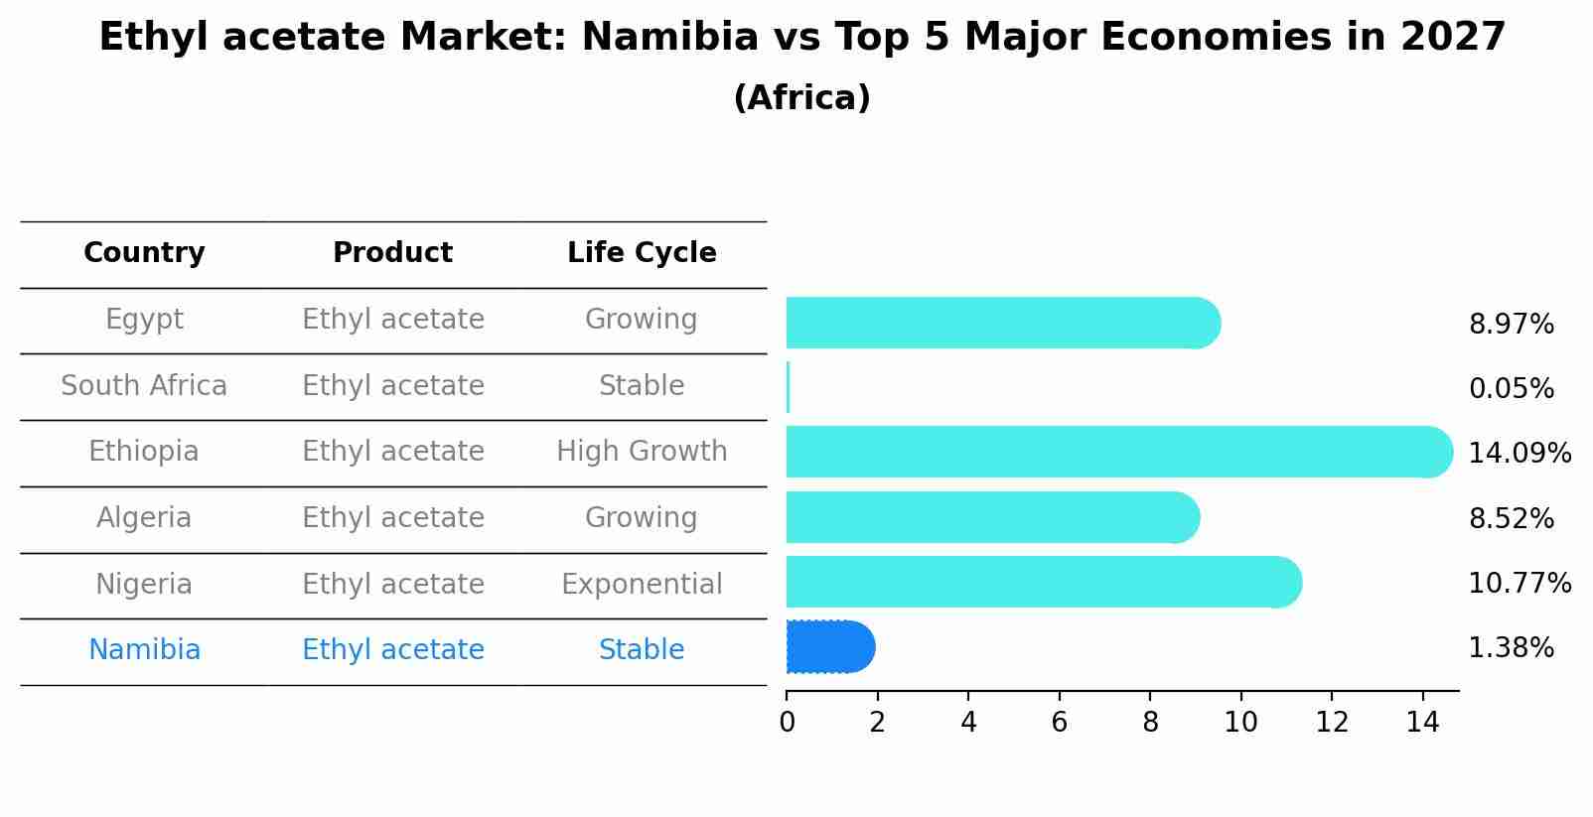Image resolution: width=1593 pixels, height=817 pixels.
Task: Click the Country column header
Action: pos(144,253)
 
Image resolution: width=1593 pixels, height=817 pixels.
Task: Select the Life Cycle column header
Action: pos(642,253)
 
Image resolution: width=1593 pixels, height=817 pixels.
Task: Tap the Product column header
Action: pos(392,253)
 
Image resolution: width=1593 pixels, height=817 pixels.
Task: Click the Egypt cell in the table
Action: pos(144,320)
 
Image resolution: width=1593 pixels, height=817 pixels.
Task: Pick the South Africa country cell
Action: pos(144,386)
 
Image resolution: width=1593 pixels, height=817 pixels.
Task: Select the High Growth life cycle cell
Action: pos(642,452)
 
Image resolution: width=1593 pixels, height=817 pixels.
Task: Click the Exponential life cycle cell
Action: pos(642,585)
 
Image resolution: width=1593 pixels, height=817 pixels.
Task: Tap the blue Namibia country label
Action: pos(144,650)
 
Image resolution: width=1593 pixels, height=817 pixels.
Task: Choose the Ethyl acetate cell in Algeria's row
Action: pos(392,518)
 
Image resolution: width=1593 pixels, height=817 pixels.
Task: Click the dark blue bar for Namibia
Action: pos(829,647)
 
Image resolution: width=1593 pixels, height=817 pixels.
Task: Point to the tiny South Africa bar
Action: pos(789,387)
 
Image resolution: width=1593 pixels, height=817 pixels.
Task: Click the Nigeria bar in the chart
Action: pos(1043,582)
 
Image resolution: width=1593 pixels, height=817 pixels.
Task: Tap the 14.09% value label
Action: pos(1519,454)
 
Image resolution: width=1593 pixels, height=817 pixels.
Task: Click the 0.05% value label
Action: pos(1511,389)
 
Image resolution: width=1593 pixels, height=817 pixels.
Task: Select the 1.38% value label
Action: pos(1511,648)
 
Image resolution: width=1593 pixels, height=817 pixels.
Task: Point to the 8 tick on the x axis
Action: pos(1150,723)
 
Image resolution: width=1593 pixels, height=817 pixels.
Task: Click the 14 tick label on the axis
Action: pos(1422,723)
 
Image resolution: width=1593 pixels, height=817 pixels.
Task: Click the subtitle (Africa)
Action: pos(801,98)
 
